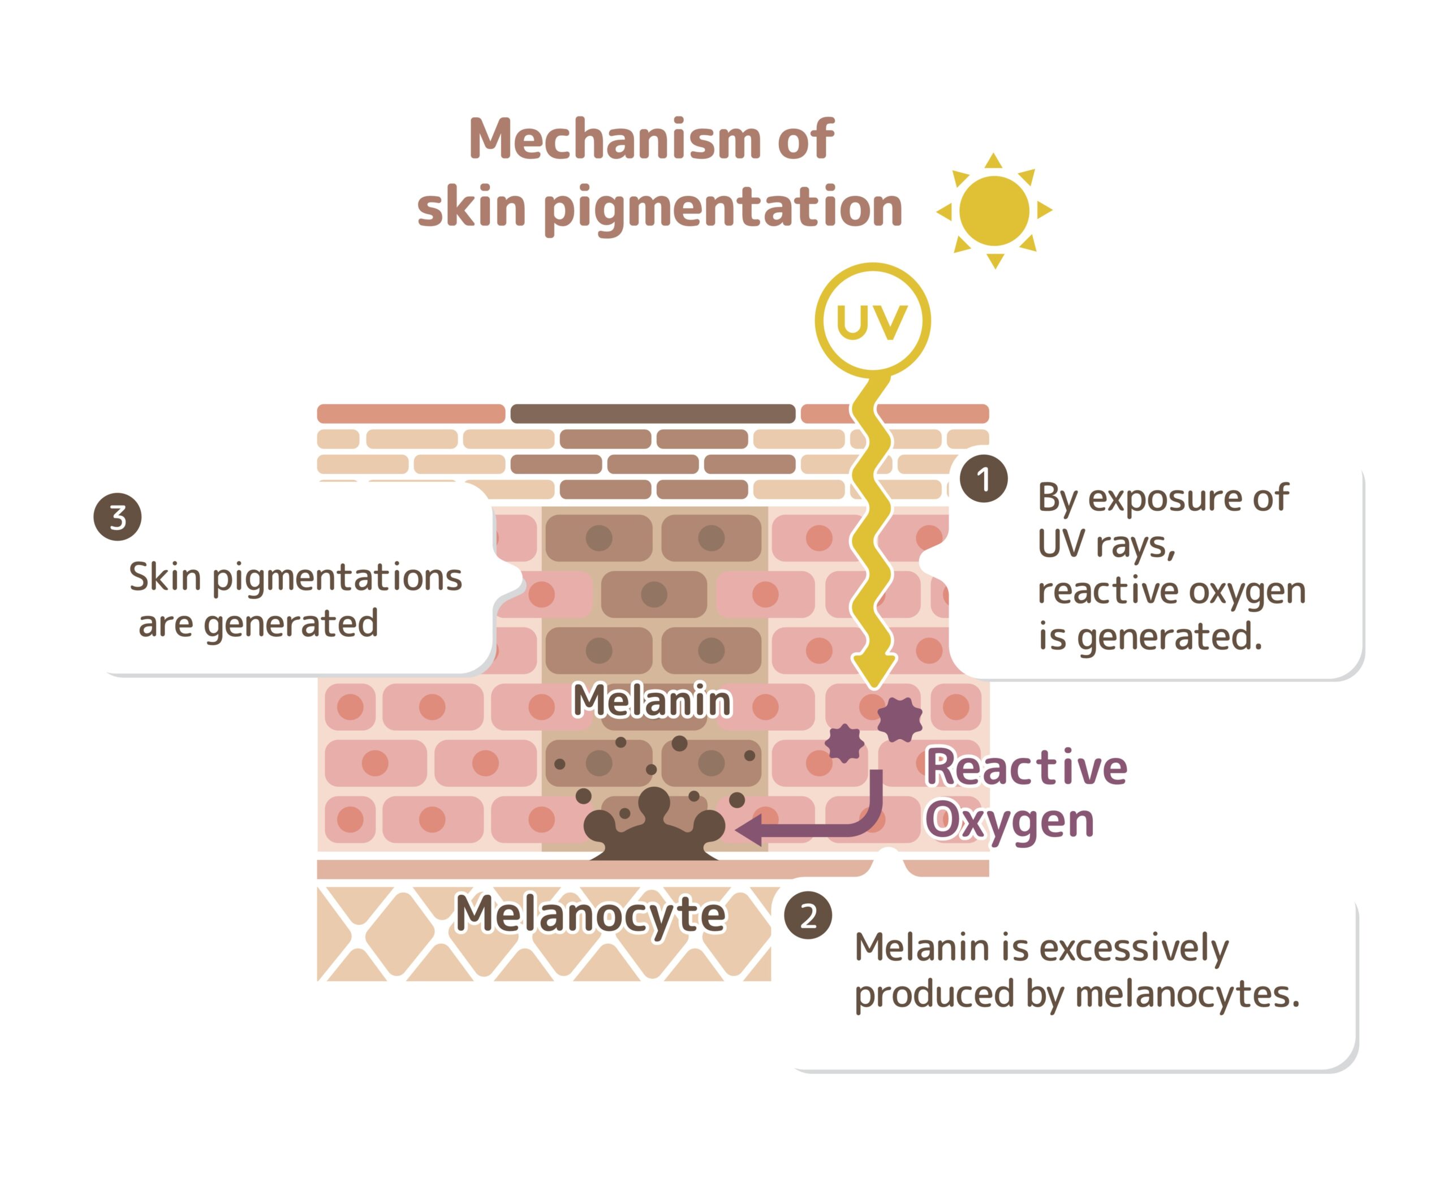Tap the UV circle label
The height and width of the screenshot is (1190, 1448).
[x=872, y=321]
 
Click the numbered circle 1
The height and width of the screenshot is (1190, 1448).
[x=983, y=478]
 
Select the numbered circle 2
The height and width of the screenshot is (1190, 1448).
[x=808, y=915]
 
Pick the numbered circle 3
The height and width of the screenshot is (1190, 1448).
[x=117, y=517]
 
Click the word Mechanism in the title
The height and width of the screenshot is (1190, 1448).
[x=614, y=139]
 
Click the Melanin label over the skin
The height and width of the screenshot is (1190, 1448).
[x=652, y=701]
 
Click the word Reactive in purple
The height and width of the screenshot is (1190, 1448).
[x=1027, y=767]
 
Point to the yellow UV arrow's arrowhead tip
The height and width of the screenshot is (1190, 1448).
[x=873, y=688]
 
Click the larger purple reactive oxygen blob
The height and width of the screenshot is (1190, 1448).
[x=899, y=719]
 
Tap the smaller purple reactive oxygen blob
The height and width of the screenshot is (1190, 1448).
[x=844, y=743]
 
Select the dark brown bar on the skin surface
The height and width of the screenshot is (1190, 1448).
[x=653, y=413]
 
